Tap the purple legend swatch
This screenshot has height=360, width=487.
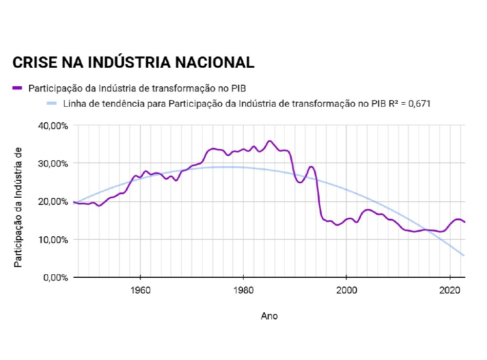pyautogui.click(x=17, y=88)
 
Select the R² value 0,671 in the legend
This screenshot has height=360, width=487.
pyautogui.click(x=417, y=103)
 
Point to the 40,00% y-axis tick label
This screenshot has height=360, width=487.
pyautogui.click(x=53, y=125)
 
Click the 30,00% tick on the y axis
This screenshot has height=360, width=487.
pyautogui.click(x=53, y=163)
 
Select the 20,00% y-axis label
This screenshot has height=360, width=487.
pyautogui.click(x=53, y=201)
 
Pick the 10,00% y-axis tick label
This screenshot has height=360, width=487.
pyautogui.click(x=53, y=239)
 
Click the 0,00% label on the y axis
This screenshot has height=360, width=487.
pyautogui.click(x=55, y=277)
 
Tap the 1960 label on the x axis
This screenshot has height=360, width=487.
pyautogui.click(x=140, y=290)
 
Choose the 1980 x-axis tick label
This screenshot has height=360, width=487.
pyautogui.click(x=243, y=290)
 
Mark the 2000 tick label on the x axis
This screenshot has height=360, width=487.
pyautogui.click(x=346, y=290)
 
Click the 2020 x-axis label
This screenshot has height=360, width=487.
pyautogui.click(x=450, y=290)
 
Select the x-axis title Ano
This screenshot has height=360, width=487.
pyautogui.click(x=269, y=316)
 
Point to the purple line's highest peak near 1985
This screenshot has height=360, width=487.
pyautogui.click(x=269, y=141)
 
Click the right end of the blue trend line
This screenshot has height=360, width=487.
pyautogui.click(x=464, y=255)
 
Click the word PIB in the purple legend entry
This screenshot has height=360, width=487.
pyautogui.click(x=244, y=88)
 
